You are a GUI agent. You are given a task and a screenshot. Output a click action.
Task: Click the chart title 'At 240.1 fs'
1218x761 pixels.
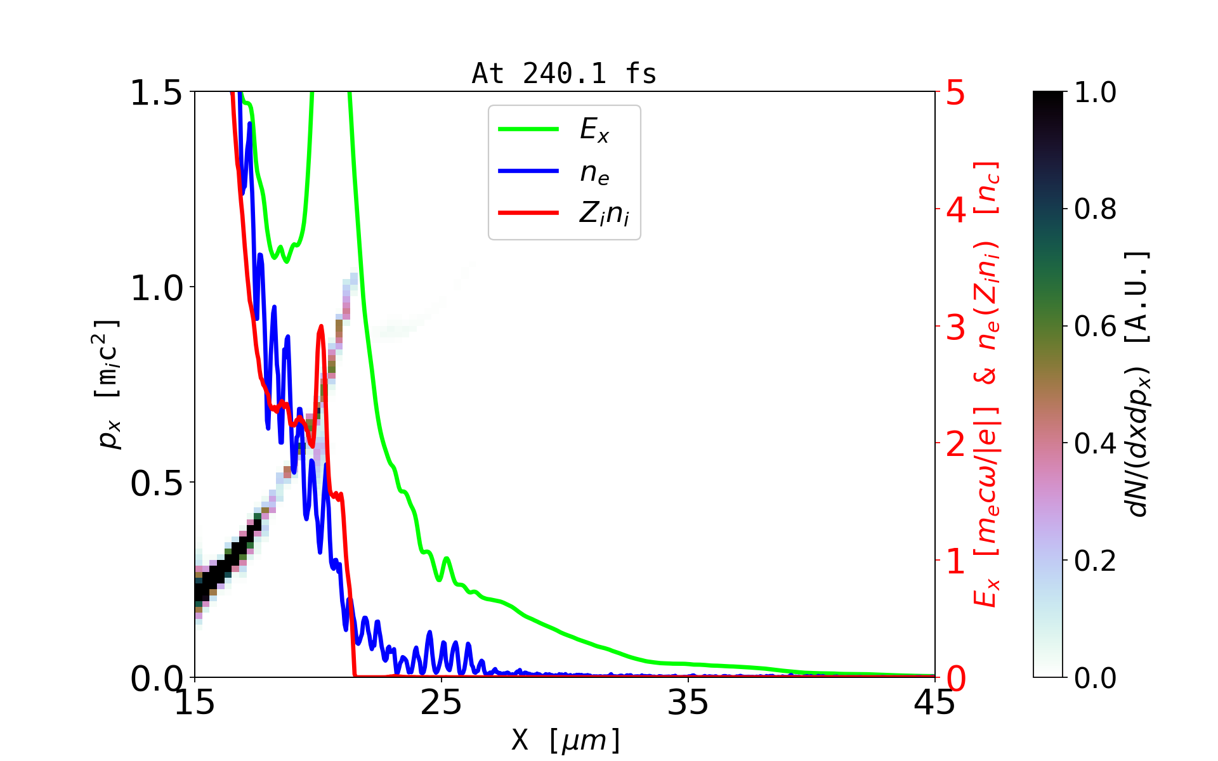[564, 74]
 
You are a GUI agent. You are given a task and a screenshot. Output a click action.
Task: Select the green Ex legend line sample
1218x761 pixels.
[528, 129]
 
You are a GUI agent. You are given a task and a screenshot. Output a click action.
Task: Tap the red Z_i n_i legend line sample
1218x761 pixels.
[528, 213]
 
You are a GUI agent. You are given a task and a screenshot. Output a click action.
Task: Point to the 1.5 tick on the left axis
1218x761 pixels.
[156, 93]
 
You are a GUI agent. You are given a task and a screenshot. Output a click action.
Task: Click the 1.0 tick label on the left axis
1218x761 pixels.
[156, 289]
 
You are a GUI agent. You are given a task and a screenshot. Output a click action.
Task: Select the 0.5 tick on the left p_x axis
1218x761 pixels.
[156, 484]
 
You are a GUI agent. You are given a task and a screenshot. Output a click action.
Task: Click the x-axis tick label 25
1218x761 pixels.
[441, 703]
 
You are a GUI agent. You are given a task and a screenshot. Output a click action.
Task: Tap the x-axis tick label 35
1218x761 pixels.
[688, 703]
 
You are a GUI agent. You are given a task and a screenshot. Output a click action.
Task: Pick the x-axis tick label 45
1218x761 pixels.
[934, 703]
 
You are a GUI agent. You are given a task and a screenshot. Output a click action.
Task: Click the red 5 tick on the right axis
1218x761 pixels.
[956, 93]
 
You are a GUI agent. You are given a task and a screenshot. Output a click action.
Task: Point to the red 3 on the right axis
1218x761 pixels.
[956, 327]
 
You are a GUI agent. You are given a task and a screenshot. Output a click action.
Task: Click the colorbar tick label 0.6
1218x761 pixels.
[1095, 327]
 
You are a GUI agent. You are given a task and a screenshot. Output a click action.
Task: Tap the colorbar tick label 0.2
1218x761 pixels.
[1095, 561]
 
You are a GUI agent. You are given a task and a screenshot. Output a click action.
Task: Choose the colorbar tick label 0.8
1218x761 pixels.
[1095, 209]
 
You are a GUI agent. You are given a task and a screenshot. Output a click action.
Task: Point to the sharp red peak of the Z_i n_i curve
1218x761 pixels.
[321, 327]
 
